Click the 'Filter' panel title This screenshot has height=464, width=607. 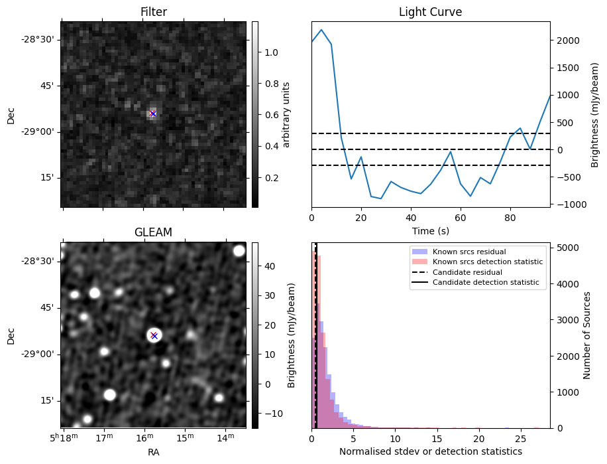pos(153,12)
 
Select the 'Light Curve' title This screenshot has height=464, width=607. pos(430,12)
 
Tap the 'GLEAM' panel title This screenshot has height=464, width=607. pos(153,232)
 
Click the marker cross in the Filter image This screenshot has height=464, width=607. pos(153,114)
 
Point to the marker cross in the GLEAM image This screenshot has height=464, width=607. pos(154,335)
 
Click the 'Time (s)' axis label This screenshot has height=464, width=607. pos(430,230)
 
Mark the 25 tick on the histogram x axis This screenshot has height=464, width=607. pos(520,439)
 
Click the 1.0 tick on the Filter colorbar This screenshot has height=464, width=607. pos(272,52)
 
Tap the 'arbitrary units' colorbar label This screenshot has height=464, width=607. pos(286,114)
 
